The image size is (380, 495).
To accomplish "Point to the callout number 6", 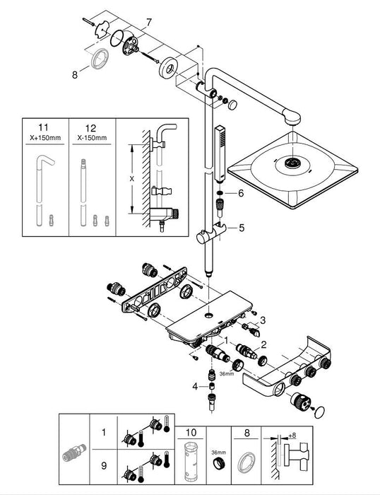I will click(x=240, y=192).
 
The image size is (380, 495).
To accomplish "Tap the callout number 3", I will click(x=263, y=320).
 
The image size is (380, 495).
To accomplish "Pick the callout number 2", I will click(x=263, y=344).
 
